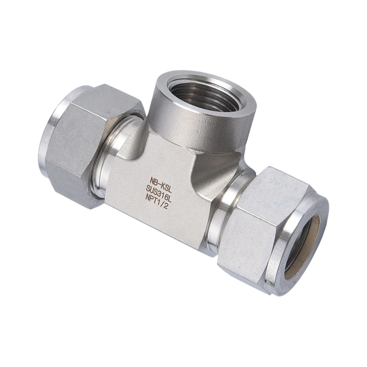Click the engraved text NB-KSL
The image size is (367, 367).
click(x=161, y=181)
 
